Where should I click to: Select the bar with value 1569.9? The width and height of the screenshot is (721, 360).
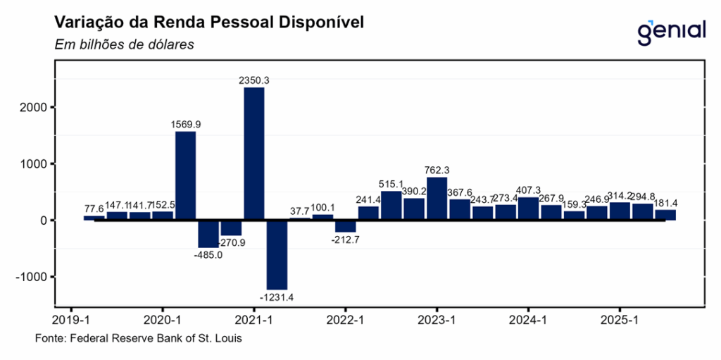pos(185,175)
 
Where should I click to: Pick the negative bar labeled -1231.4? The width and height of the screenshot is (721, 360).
pos(277,254)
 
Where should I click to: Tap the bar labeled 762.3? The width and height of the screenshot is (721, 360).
pos(437,199)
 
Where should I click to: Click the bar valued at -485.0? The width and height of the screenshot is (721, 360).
pos(208,233)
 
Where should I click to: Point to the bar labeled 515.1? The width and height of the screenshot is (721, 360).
pos(391,206)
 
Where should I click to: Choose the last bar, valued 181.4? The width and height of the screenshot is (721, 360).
pos(665,215)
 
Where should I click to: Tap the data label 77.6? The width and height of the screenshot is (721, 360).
pos(93,209)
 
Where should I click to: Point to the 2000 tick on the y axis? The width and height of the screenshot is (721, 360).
pos(35,108)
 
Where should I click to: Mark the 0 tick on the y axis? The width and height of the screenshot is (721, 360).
pos(43,221)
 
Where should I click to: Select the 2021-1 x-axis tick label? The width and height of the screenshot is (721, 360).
pos(254,319)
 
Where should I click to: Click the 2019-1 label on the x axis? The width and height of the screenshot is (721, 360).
pos(71,319)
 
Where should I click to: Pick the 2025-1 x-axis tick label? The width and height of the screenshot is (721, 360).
pos(619,319)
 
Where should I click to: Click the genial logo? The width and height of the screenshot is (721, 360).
pos(671,30)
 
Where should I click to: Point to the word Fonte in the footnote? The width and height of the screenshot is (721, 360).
pos(49,339)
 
